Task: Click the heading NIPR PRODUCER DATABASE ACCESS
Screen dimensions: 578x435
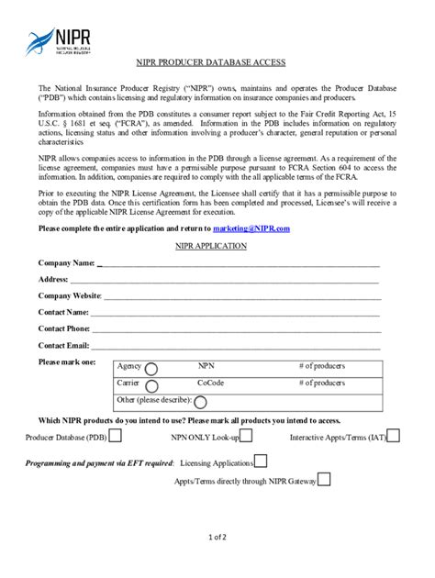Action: tap(217, 62)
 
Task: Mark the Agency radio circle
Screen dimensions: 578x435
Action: tap(152, 368)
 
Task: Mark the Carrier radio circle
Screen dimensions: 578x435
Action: tap(151, 384)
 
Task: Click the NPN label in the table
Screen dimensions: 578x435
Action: tap(206, 366)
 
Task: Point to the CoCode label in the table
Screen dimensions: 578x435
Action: tap(210, 383)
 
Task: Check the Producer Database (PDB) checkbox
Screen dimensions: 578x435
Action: tap(116, 436)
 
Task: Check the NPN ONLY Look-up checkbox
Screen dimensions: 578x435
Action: tap(247, 436)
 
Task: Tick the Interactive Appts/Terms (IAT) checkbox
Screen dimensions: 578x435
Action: tap(394, 436)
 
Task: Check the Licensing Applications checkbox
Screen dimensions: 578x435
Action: tap(261, 461)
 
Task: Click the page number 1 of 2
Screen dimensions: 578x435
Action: tap(217, 537)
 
